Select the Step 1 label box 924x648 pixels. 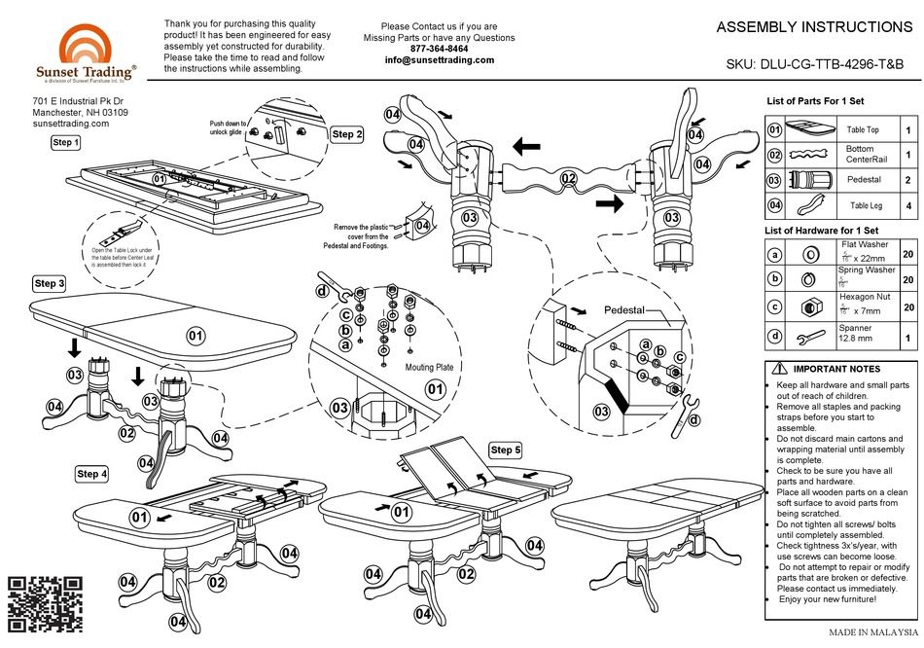tap(66, 143)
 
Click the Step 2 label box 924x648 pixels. tap(347, 134)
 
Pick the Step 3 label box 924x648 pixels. tap(50, 283)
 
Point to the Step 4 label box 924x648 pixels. tap(92, 474)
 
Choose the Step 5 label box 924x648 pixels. tap(506, 450)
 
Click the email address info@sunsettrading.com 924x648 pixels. tap(440, 60)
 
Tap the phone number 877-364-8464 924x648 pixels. tap(440, 49)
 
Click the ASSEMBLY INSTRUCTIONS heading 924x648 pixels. tap(814, 27)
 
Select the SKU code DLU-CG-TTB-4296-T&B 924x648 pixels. tap(814, 64)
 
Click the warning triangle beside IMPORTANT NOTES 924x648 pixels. tap(780, 369)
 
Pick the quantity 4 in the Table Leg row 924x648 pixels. tap(907, 205)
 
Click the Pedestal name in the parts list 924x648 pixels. tap(863, 180)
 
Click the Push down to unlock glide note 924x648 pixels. tap(229, 128)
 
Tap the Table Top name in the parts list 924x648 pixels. tap(863, 129)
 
